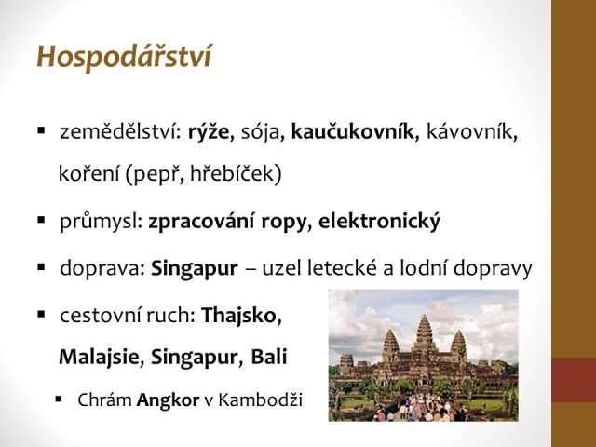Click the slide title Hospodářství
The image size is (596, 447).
(124, 57)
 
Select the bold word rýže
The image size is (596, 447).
(209, 132)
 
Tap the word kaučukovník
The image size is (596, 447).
(352, 131)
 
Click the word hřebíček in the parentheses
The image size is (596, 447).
(234, 173)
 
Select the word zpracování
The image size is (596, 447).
(201, 222)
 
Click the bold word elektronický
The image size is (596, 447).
(379, 221)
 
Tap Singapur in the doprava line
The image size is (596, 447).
(195, 268)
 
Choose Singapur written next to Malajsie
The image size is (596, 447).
(194, 357)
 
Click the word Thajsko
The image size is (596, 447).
(238, 315)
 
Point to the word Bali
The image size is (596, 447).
(269, 356)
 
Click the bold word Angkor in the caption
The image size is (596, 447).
(168, 400)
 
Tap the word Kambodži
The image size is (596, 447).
(261, 400)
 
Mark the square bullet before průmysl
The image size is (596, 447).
(41, 220)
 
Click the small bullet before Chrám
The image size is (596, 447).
(58, 400)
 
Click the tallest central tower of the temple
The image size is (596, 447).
(425, 333)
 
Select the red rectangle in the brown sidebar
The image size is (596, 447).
(574, 380)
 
